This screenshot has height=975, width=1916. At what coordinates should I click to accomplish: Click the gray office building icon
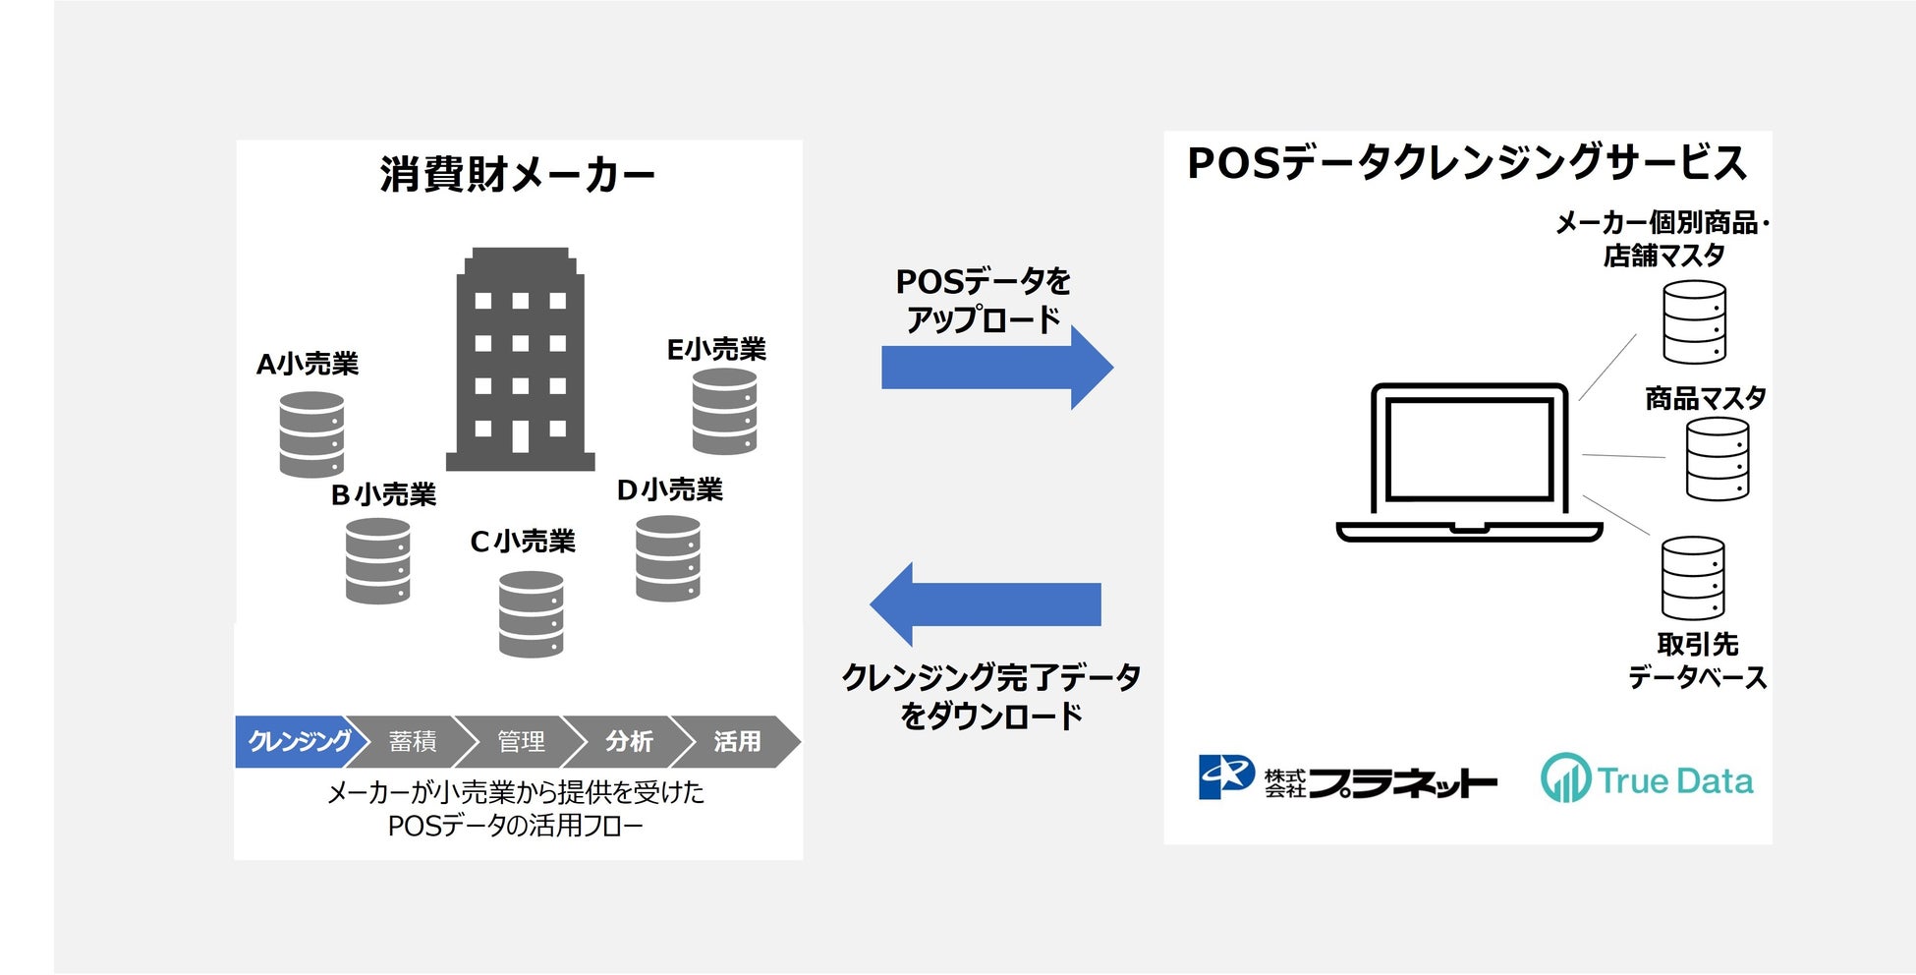(x=520, y=360)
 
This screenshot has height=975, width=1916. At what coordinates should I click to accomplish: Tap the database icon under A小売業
(x=311, y=434)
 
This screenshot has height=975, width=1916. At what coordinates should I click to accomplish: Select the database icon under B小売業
(x=377, y=560)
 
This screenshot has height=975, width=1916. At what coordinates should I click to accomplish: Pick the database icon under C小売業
(x=531, y=614)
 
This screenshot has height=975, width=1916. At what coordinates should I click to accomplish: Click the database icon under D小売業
(x=668, y=558)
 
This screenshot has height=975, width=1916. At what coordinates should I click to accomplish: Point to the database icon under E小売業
(x=724, y=412)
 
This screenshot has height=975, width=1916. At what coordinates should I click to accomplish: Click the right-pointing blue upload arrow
(x=996, y=368)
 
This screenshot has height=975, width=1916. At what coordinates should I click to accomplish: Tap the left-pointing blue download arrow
(x=986, y=603)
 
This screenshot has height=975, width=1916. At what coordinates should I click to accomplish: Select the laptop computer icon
(x=1469, y=462)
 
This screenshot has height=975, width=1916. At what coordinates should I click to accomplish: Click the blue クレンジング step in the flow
(x=297, y=741)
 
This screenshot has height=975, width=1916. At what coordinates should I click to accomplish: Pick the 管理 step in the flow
(x=521, y=741)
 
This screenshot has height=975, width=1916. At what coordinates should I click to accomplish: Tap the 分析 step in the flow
(x=629, y=741)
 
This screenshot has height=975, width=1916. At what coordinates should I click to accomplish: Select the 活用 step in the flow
(x=737, y=741)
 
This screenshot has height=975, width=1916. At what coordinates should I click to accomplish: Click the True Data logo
(x=1647, y=779)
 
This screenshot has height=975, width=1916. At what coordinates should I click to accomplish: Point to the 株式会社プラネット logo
(x=1347, y=779)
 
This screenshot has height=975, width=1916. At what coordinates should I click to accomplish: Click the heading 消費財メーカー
(x=518, y=175)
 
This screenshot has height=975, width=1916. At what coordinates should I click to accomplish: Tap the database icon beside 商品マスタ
(x=1718, y=459)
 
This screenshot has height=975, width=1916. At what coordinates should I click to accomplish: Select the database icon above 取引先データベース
(x=1693, y=578)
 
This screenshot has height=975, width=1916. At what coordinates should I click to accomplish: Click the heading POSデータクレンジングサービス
(x=1467, y=163)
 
